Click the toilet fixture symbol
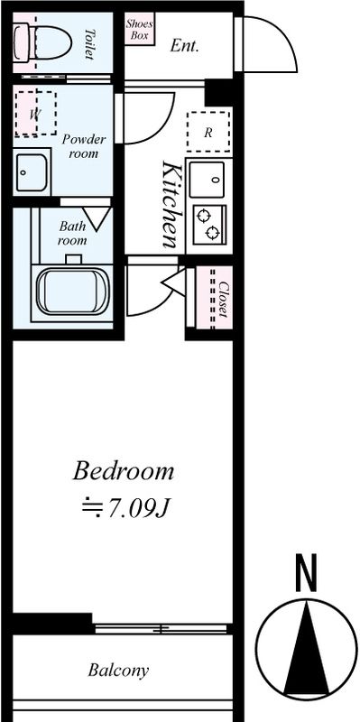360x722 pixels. click(x=42, y=42)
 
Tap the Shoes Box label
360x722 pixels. click(x=140, y=30)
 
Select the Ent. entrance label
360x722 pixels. click(x=184, y=46)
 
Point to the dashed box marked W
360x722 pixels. click(x=35, y=114)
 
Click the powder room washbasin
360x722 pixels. click(x=32, y=172)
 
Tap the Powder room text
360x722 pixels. click(x=84, y=146)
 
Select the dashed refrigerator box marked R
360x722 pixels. click(x=208, y=132)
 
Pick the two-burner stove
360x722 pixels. click(x=209, y=224)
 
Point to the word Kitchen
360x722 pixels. click(x=170, y=205)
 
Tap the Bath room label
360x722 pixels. click(x=72, y=233)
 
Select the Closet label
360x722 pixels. click(x=223, y=300)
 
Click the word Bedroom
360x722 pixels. click(x=124, y=471)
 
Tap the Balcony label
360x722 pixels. click(x=119, y=671)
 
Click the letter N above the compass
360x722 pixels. click(x=306, y=573)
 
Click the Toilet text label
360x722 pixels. click(x=89, y=44)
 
